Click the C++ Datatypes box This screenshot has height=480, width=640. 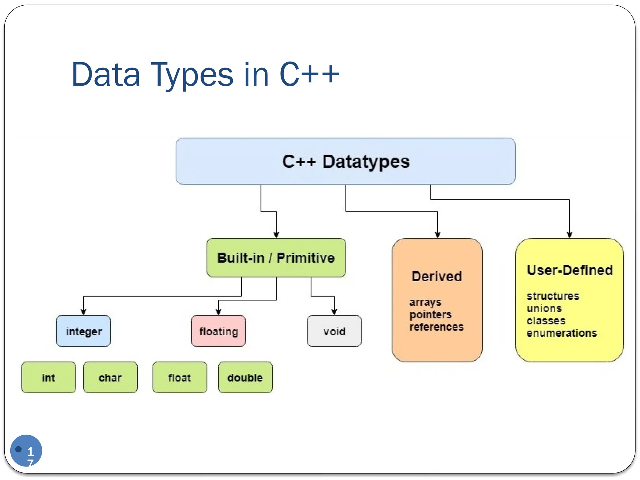tap(345, 161)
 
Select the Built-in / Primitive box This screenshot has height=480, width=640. tap(276, 258)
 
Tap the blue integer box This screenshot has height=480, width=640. tap(83, 331)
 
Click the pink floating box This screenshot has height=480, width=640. tap(218, 331)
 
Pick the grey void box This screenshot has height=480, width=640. tap(334, 331)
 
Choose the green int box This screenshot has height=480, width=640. tap(48, 377)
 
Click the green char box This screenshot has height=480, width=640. tap(110, 377)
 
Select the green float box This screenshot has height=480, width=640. tap(180, 377)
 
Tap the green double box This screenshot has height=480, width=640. tap(245, 377)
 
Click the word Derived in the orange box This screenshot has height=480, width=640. tap(437, 277)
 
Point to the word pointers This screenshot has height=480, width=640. tap(430, 314)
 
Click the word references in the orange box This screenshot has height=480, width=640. tap(436, 327)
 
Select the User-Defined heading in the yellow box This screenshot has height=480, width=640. tap(569, 270)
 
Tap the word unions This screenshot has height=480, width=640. tap(544, 308)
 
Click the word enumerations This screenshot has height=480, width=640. tap(562, 333)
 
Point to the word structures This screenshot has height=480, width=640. tap(553, 296)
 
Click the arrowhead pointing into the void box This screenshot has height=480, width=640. tap(334, 312)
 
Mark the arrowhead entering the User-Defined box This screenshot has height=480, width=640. tap(569, 235)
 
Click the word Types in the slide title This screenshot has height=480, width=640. tap(192, 75)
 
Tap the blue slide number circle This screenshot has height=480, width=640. tap(26, 450)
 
